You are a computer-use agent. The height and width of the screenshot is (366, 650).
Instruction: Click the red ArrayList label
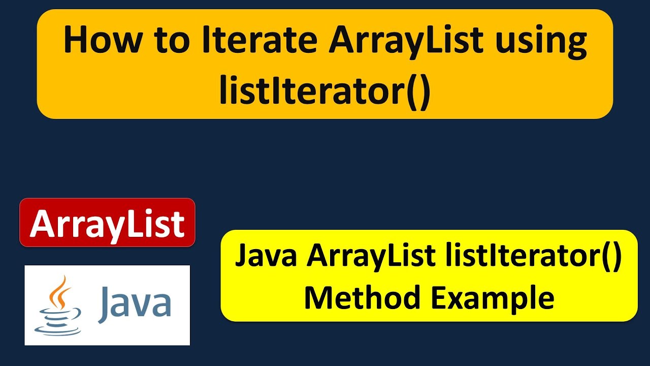coord(107,223)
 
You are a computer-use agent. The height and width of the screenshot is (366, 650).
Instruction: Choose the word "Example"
coord(492,298)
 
